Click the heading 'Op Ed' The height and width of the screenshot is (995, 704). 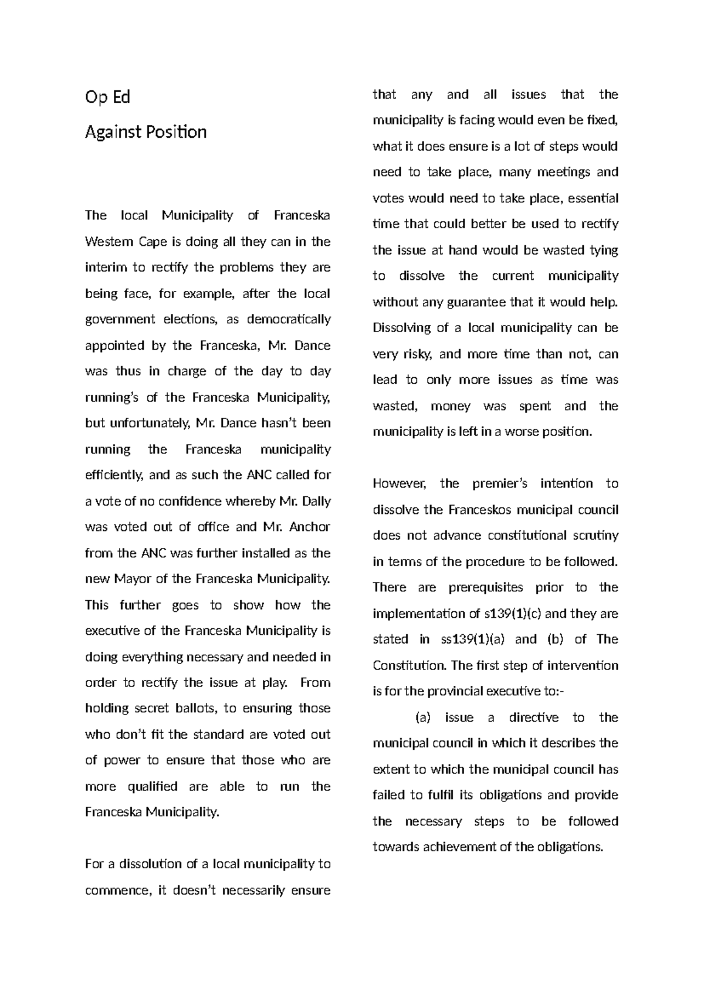tap(107, 97)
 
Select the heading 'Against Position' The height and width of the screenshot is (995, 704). tap(145, 132)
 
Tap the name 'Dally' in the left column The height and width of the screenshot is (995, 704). tap(317, 502)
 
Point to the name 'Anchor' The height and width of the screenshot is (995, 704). tap(310, 527)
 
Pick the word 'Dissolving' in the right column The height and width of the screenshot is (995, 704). tap(402, 328)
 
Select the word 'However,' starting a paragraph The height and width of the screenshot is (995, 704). tap(397, 483)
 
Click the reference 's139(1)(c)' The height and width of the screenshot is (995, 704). tap(513, 614)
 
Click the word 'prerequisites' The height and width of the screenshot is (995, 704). tap(486, 587)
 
